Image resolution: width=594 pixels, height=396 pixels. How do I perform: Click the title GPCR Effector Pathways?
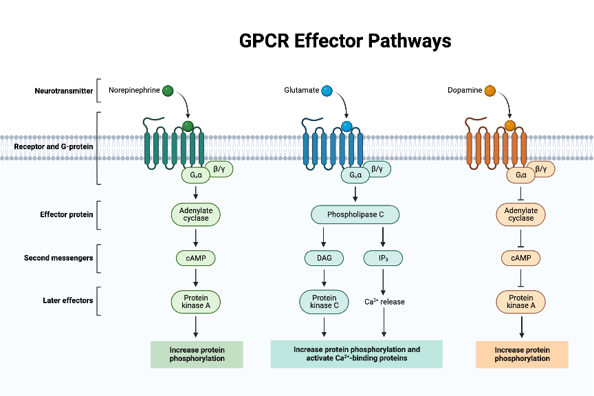(x=345, y=41)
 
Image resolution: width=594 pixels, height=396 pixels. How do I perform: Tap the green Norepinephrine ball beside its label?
(x=168, y=90)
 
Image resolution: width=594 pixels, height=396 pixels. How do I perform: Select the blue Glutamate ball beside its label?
(x=327, y=90)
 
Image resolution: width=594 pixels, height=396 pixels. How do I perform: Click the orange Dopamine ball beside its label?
(x=490, y=90)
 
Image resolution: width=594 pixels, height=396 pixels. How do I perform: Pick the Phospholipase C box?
(x=355, y=214)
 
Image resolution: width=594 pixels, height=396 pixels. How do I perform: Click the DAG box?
(x=323, y=258)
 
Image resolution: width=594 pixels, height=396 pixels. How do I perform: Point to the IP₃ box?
(x=383, y=258)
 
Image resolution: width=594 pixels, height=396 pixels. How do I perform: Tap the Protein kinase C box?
(x=324, y=302)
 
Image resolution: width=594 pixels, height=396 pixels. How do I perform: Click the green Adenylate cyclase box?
(x=196, y=214)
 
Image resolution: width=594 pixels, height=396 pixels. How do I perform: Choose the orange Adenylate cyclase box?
(x=520, y=214)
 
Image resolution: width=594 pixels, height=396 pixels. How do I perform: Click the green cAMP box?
(x=196, y=258)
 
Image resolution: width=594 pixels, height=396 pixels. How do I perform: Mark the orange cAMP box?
(x=520, y=258)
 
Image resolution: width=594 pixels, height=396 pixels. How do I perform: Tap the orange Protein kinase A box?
(x=520, y=302)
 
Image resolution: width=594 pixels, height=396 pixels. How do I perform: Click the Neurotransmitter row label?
(x=64, y=91)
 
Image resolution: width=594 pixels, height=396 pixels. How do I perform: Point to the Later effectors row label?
(x=64, y=301)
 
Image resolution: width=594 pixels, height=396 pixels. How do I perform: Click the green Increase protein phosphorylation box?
(x=197, y=354)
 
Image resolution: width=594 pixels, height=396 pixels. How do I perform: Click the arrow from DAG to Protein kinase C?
(x=324, y=278)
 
